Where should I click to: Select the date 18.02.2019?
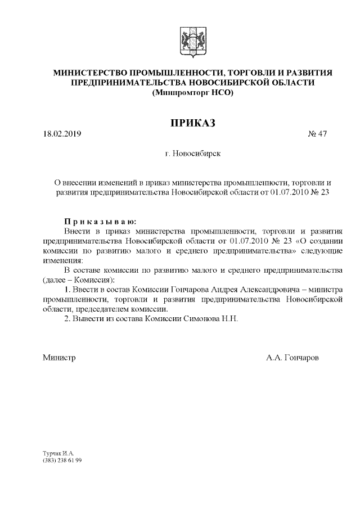(x=62, y=134)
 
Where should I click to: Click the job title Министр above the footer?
(x=59, y=357)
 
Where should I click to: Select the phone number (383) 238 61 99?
(x=62, y=460)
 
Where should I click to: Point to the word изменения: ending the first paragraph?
(x=62, y=260)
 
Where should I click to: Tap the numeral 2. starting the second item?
(x=67, y=318)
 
